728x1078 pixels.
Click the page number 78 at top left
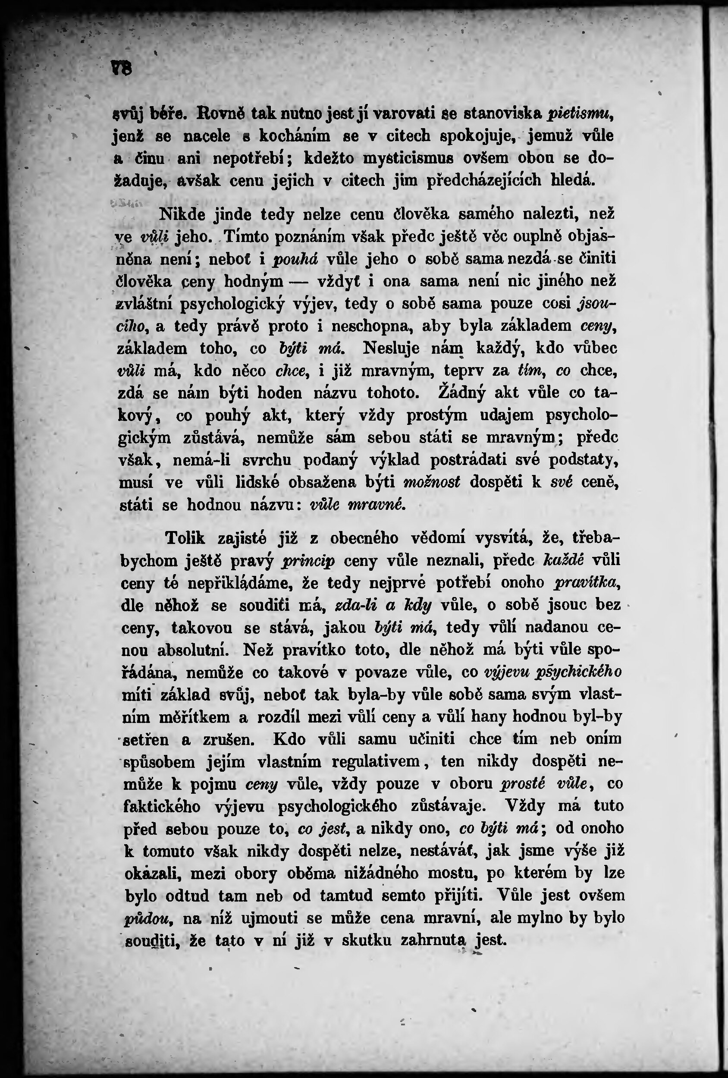[x=121, y=70]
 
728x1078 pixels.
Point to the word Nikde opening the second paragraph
[x=181, y=214]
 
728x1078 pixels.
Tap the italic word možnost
[x=431, y=482]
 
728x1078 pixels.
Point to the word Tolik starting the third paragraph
[x=185, y=538]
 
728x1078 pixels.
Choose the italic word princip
[x=308, y=561]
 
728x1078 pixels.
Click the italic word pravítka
[x=587, y=583]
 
